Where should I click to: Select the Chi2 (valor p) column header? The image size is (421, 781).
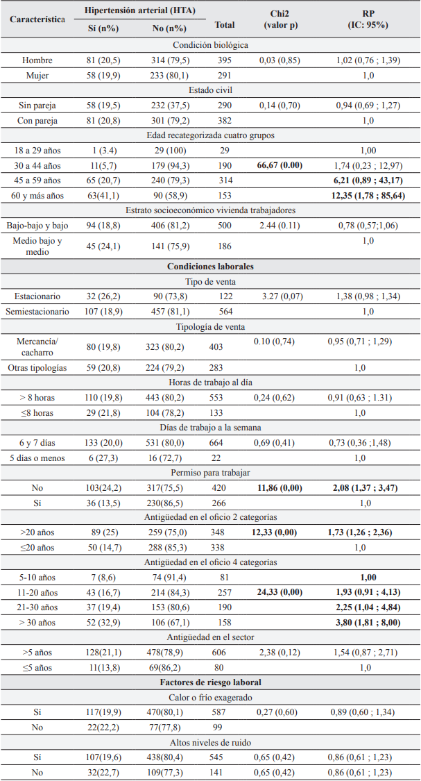[280, 19]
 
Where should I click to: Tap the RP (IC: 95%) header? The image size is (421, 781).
[368, 19]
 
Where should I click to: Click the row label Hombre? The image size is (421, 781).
[37, 60]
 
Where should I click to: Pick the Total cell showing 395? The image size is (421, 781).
[224, 60]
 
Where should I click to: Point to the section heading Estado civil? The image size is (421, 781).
[210, 90]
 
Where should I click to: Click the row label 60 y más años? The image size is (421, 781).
[37, 196]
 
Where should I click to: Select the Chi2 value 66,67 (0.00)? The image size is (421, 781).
[280, 166]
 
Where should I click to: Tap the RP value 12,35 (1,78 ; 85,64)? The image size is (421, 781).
[368, 196]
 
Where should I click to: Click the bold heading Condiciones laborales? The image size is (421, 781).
[210, 266]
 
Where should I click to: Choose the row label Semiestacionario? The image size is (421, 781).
[37, 312]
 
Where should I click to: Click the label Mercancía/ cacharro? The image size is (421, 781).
[37, 346]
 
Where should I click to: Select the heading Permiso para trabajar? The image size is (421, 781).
[210, 473]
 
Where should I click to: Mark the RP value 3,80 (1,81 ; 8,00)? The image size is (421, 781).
[368, 623]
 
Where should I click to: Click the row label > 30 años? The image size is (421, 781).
[37, 623]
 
